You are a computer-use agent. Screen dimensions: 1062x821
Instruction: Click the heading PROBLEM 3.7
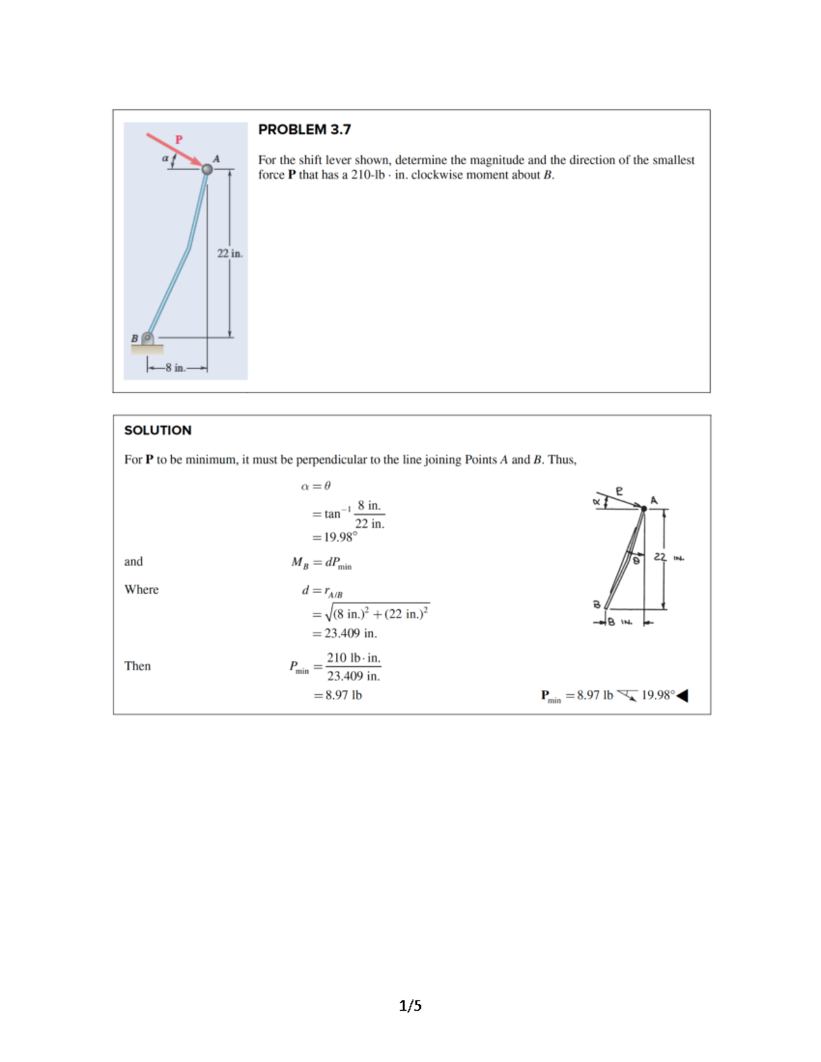coord(304,129)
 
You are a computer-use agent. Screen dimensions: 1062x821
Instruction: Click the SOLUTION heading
coord(157,430)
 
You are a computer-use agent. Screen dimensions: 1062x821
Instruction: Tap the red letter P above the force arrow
coord(179,140)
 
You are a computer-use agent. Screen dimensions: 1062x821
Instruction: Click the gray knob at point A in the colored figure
coord(207,169)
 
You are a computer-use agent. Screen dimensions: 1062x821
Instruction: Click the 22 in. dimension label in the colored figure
coord(230,254)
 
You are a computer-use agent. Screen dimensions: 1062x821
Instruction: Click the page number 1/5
coord(410,1005)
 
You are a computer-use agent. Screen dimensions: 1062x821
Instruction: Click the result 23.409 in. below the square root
coord(350,633)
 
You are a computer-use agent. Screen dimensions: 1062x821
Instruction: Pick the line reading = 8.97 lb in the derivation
coord(339,695)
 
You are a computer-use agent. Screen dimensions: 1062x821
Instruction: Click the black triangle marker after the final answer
coord(682,695)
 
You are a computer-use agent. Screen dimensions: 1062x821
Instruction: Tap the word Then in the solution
coord(138,666)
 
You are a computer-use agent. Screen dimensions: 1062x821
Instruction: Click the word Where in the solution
coord(142,589)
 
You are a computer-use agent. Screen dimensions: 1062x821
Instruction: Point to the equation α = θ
coord(315,486)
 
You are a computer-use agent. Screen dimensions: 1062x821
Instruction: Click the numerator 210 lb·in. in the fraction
coord(353,658)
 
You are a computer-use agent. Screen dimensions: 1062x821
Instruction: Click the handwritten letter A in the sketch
coord(653,501)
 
